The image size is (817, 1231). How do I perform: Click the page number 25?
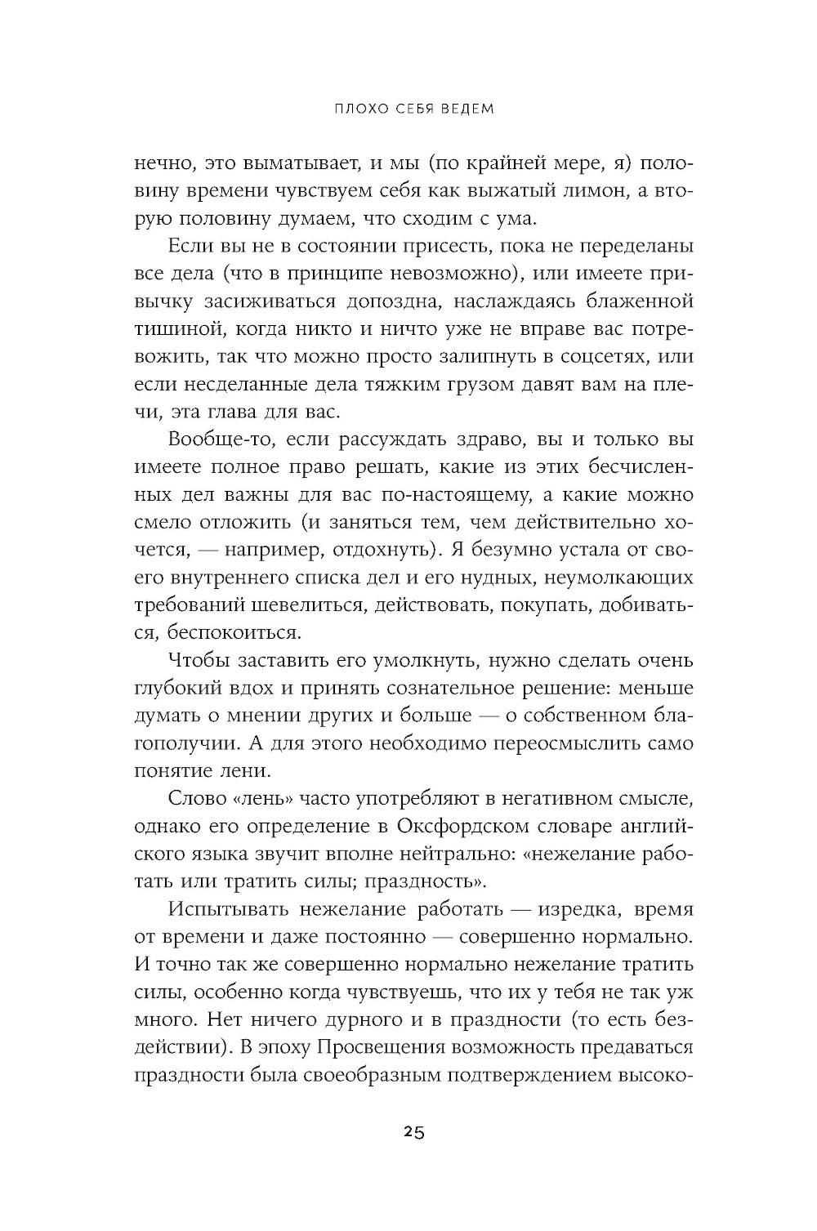[x=413, y=1132]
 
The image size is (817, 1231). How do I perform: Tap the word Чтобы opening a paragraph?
[x=199, y=660]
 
